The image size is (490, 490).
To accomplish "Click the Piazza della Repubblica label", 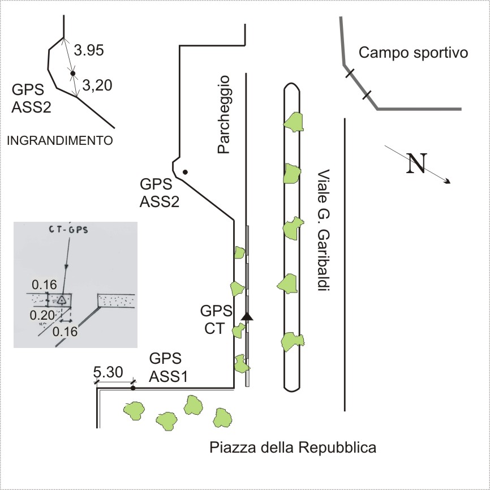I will [x=293, y=448].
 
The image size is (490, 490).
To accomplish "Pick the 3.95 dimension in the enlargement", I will [x=89, y=50].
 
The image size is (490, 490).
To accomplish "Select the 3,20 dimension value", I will [x=97, y=85].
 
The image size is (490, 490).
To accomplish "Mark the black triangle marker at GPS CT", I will [x=246, y=316].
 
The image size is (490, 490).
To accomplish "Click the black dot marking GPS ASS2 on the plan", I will [x=184, y=171].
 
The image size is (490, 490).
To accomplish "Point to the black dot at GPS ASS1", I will [x=133, y=388].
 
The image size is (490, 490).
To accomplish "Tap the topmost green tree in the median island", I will [x=294, y=121].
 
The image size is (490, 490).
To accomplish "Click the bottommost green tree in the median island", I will [x=294, y=341].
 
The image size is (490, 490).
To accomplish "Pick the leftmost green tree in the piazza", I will [x=134, y=410].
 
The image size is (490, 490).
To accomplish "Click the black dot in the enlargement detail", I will [x=72, y=74].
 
